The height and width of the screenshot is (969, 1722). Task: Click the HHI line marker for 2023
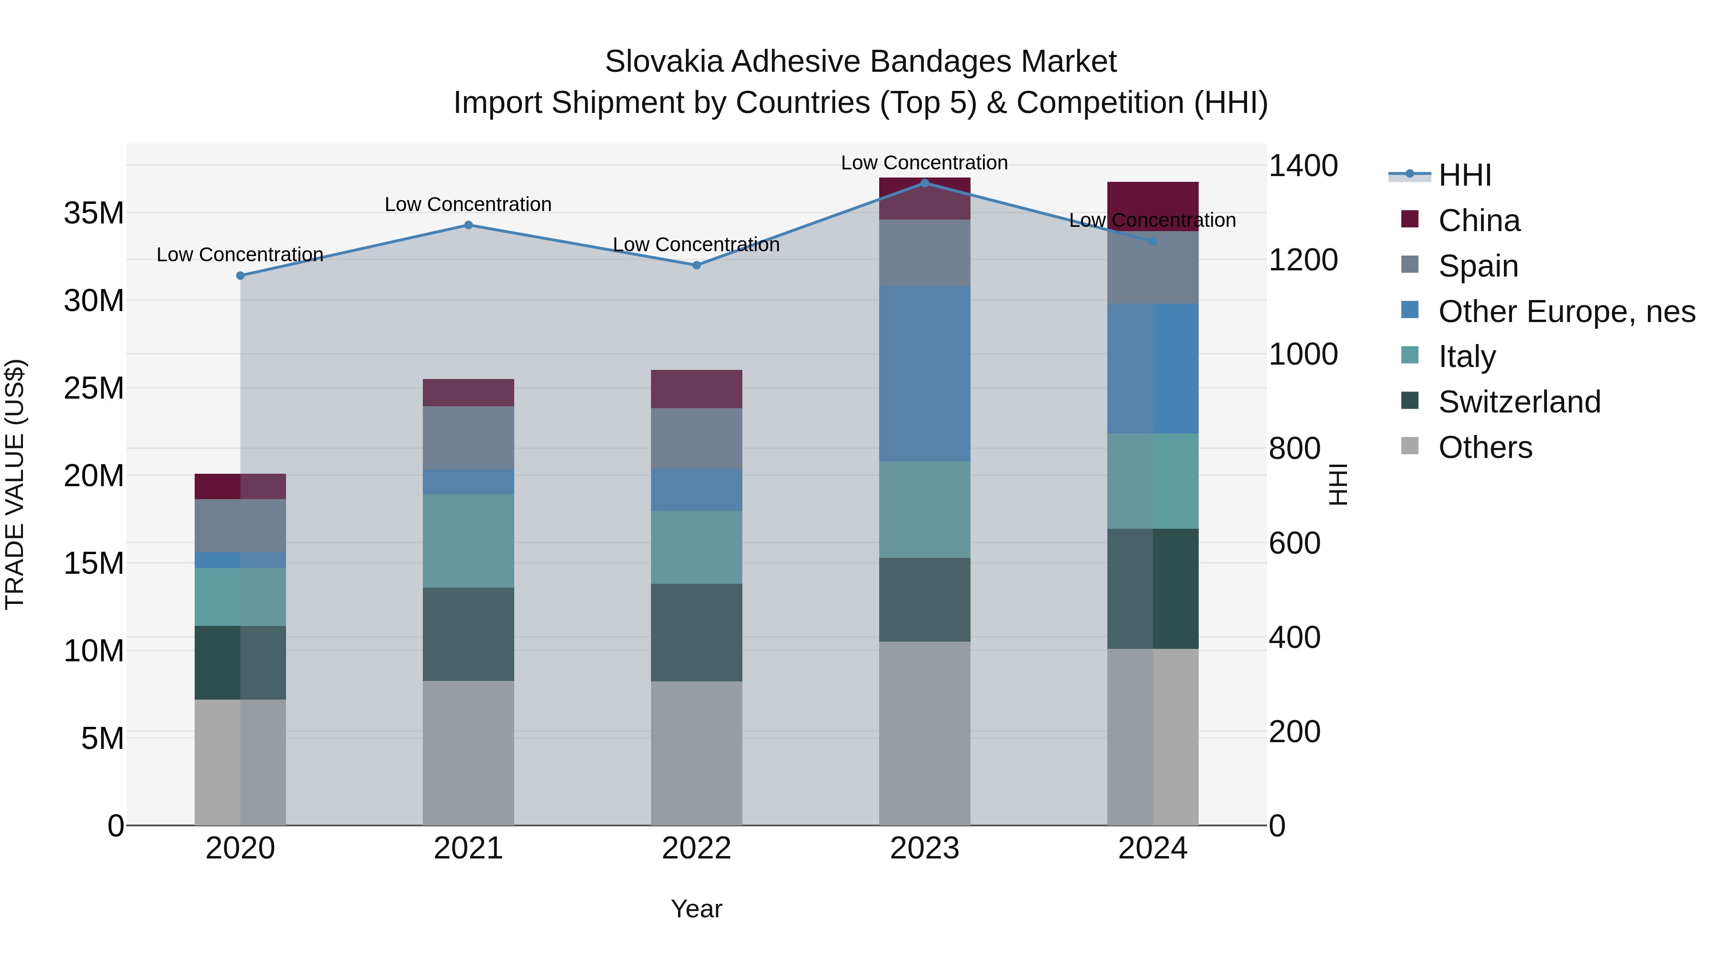[925, 183]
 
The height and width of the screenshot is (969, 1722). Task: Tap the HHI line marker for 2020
[240, 276]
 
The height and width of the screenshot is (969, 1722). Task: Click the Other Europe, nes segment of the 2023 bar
[925, 373]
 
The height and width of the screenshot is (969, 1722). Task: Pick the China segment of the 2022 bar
[696, 389]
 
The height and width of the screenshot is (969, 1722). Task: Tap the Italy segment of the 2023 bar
[925, 510]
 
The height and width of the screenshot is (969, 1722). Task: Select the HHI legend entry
[1464, 175]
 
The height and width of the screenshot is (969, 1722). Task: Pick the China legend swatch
[1409, 219]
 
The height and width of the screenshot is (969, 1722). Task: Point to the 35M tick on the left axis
[94, 213]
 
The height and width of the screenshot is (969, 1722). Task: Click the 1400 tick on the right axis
[1303, 166]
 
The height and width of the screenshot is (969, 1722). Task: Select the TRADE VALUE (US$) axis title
[15, 484]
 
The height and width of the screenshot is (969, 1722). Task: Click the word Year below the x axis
[696, 909]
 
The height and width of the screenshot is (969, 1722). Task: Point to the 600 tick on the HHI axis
[1294, 543]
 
